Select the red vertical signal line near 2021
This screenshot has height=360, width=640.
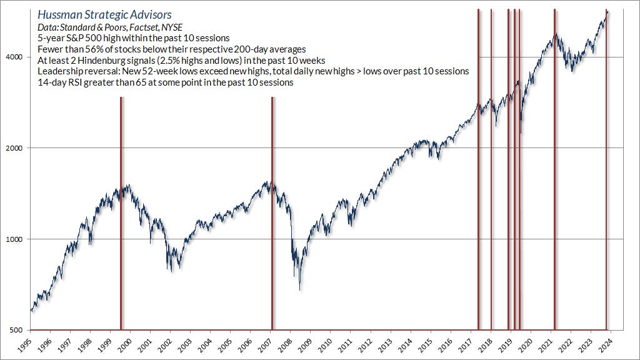coord(554,169)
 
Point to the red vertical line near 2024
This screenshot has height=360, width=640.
coord(606,169)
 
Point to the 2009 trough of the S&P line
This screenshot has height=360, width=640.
coord(300,289)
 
